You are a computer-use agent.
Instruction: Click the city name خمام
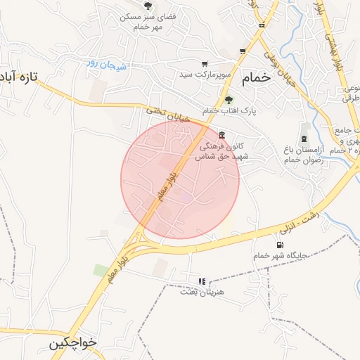tap(255, 79)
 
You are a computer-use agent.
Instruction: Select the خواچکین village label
tap(73, 344)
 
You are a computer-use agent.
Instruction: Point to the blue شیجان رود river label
tap(106, 65)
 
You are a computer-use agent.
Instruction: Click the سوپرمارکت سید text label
tap(205, 74)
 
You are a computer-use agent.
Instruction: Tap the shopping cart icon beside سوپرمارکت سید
tap(205, 63)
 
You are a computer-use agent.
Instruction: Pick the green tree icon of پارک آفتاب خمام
tap(228, 100)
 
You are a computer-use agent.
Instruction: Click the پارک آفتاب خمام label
tap(230, 111)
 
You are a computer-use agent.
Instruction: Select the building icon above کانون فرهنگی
tap(222, 135)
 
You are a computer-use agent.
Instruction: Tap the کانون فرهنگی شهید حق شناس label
tap(226, 153)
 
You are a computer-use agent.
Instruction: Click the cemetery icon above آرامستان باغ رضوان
tap(304, 138)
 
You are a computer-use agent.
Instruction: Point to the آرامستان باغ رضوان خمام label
tap(304, 155)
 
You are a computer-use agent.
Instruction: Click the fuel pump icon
tap(281, 244)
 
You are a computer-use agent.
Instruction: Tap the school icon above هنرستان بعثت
tap(202, 281)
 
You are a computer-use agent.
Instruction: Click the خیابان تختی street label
tap(168, 115)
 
